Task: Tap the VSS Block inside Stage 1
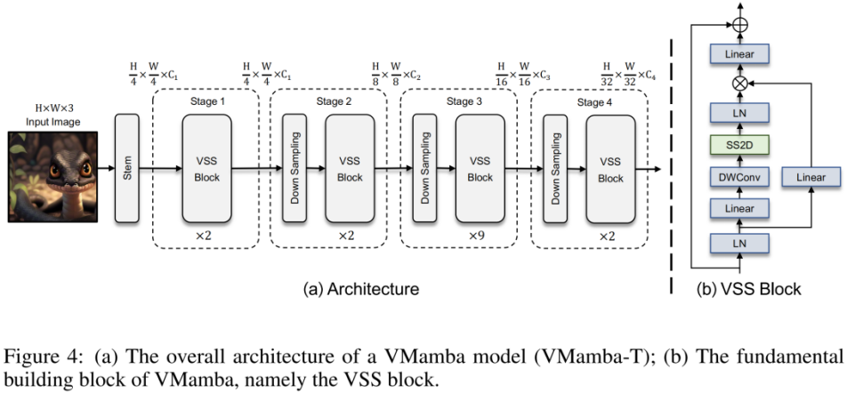pyautogui.click(x=207, y=168)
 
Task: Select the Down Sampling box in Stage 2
pyautogui.click(x=294, y=168)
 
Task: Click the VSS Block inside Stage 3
pyautogui.click(x=480, y=168)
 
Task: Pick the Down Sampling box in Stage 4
pyautogui.click(x=556, y=168)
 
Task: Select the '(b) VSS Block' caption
pyautogui.click(x=748, y=289)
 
